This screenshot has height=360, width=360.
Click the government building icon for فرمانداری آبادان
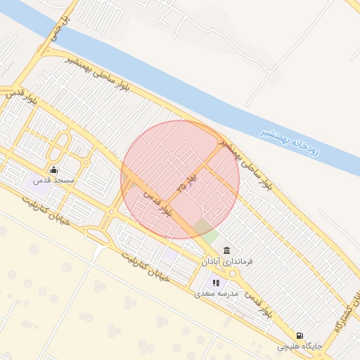click(226, 251)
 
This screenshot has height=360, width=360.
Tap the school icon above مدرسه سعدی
click(216, 283)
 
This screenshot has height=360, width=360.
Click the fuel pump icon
click(300, 335)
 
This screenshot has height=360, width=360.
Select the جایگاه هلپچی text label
click(299, 347)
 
